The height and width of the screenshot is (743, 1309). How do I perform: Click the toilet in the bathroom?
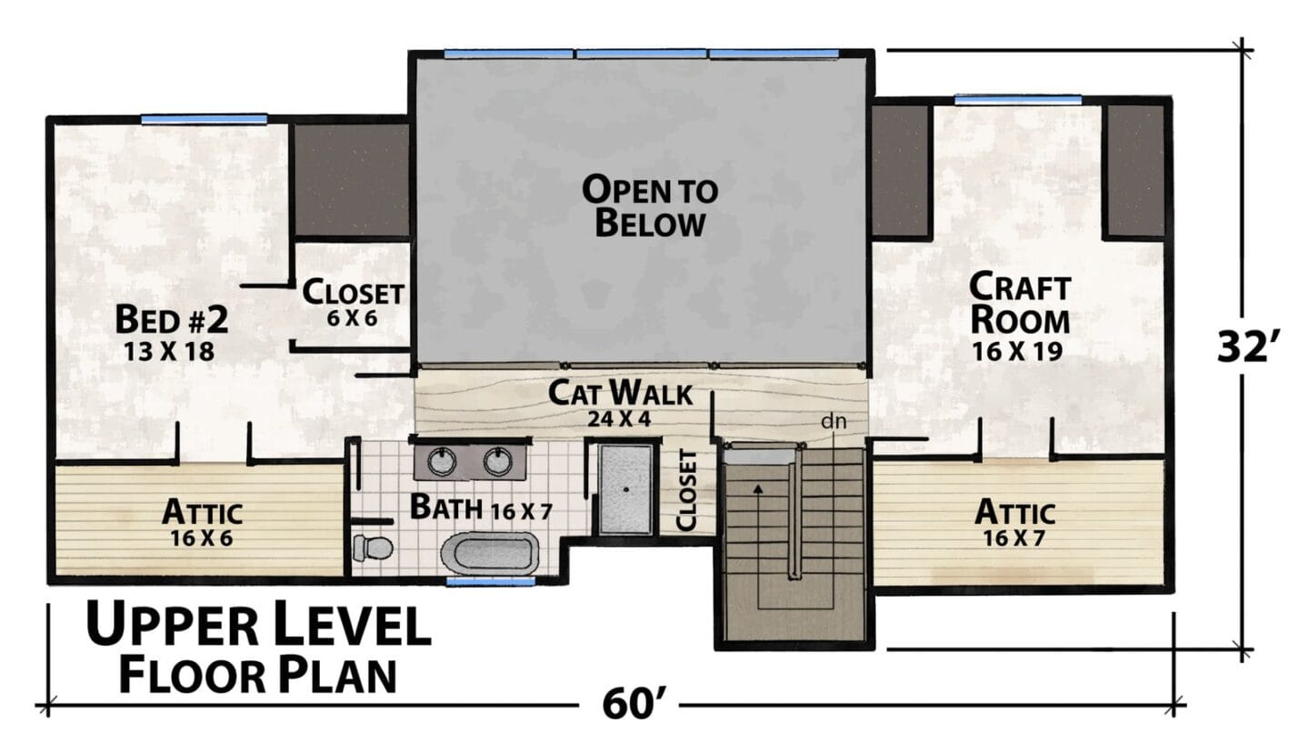(373, 547)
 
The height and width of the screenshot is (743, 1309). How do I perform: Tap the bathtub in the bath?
(489, 552)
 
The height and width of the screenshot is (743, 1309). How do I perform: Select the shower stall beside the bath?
(625, 489)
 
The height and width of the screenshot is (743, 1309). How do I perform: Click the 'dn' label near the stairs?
(834, 421)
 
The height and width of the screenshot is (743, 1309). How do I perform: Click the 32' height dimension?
(1244, 346)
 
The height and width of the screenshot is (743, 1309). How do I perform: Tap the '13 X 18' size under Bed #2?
(169, 352)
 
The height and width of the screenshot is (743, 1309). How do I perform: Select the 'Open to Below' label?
(650, 207)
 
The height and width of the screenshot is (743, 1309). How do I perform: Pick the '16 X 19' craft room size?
(1017, 351)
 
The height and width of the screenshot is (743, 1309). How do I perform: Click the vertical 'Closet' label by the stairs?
(686, 491)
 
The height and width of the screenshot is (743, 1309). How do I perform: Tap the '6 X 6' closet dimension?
(352, 318)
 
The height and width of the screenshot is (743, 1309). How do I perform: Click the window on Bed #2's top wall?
(204, 119)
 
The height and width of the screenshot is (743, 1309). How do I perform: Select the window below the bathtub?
(490, 581)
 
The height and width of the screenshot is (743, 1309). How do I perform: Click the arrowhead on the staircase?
(758, 489)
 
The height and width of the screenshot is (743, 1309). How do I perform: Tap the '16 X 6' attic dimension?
(202, 538)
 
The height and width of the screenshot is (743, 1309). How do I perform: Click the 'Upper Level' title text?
(259, 626)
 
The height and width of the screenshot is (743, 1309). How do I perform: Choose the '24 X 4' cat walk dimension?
(619, 419)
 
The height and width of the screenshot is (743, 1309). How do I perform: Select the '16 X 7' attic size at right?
(1014, 537)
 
